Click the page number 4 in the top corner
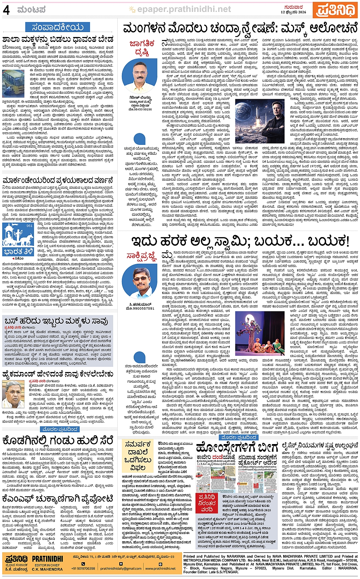pyautogui.click(x=6, y=10)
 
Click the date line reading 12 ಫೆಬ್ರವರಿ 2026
pyautogui.click(x=293, y=12)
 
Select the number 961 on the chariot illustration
pyautogui.click(x=29, y=226)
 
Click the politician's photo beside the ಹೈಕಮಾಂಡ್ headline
pyautogui.click(x=14, y=395)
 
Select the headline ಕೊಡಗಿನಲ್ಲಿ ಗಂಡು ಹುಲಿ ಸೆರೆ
pyautogui.click(x=58, y=441)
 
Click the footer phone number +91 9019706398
pyautogui.click(x=83, y=568)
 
